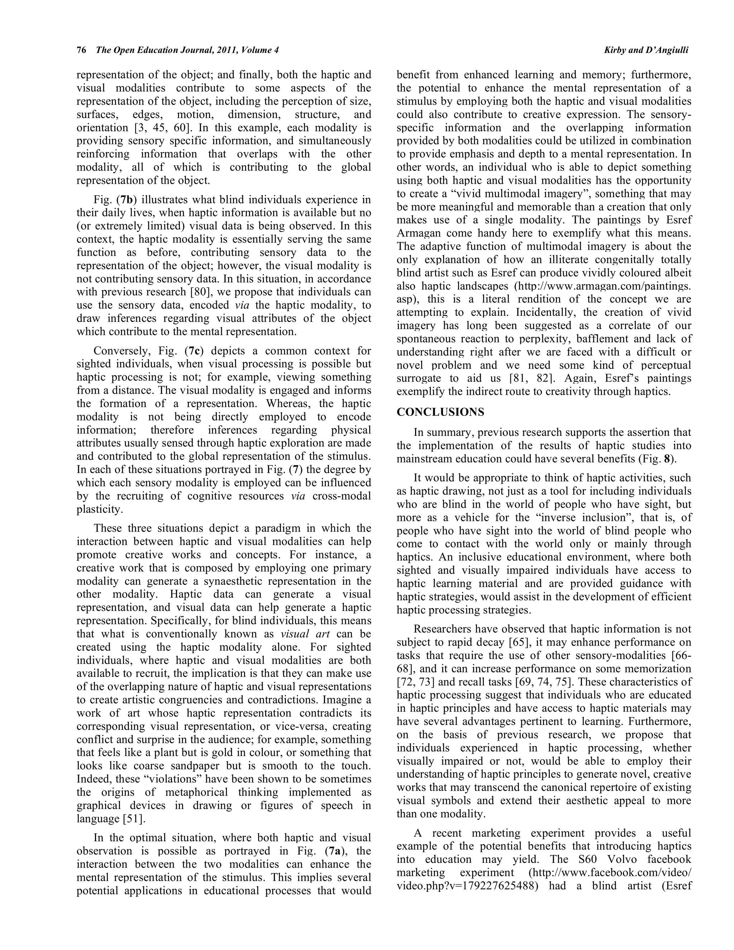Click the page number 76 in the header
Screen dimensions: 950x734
81,51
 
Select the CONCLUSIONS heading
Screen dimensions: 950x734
440,412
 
